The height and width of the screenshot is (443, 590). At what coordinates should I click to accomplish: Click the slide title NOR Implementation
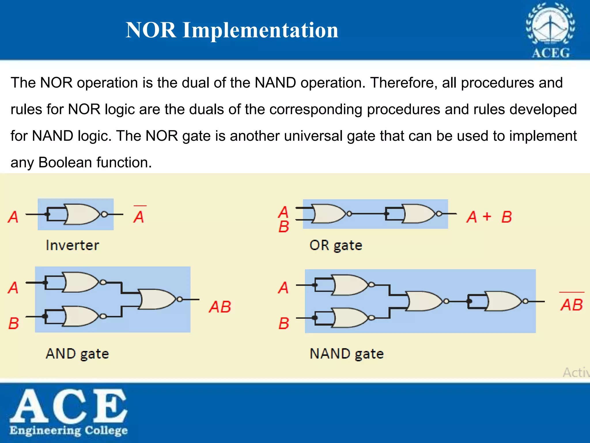tap(232, 30)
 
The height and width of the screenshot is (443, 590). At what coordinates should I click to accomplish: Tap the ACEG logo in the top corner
tap(550, 30)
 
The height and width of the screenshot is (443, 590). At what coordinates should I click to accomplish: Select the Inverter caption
tap(72, 245)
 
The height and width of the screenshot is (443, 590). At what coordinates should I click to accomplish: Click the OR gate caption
tap(336, 245)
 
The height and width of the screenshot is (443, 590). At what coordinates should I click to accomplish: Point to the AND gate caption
tap(77, 354)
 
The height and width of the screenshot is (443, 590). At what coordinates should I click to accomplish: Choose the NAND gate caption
tap(347, 354)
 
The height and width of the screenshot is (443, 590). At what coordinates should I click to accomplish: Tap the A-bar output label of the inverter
tap(139, 215)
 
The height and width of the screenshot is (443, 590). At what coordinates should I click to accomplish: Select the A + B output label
tap(489, 217)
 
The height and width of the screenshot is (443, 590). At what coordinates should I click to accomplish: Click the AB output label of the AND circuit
tap(220, 307)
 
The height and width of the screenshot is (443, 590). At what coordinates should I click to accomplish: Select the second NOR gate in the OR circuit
tap(419, 214)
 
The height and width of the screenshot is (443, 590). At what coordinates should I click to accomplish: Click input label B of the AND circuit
tap(14, 323)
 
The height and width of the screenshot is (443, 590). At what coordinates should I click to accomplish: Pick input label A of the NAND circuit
tap(283, 288)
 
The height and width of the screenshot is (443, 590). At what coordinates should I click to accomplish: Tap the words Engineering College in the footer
tap(69, 430)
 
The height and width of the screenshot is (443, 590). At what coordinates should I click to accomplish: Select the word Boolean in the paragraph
tap(65, 162)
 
